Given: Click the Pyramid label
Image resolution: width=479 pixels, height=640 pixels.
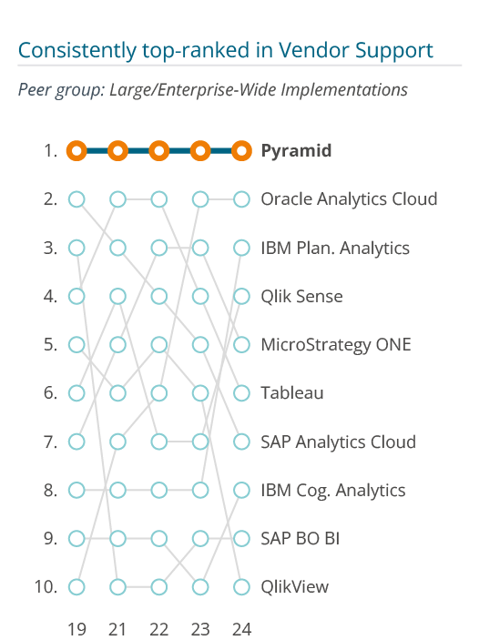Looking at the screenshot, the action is click(x=296, y=151).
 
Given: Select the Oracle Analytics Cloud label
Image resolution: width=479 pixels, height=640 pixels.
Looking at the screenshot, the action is click(x=349, y=199).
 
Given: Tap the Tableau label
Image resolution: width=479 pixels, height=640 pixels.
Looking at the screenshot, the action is click(x=292, y=393).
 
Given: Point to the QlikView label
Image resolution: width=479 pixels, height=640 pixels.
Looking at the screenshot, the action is click(x=294, y=587).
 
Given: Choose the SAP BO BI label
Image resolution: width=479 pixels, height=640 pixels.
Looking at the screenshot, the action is click(x=301, y=538).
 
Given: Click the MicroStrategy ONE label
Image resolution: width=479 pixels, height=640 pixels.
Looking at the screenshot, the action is click(x=336, y=345).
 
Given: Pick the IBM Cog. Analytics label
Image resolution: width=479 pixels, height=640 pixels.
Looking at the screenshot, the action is click(x=332, y=490).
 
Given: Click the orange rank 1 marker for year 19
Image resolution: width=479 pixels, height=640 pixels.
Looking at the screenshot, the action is click(x=76, y=143).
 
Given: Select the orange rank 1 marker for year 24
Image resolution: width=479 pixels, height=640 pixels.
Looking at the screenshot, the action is click(x=241, y=143).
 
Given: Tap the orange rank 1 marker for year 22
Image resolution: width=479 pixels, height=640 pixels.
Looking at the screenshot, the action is click(x=159, y=143).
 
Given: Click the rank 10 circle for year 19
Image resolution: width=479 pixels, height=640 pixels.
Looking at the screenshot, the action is click(x=76, y=580).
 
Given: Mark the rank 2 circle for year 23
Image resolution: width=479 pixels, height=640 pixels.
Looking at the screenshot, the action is click(x=200, y=192).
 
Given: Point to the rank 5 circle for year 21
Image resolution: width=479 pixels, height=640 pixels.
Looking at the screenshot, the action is click(x=118, y=337).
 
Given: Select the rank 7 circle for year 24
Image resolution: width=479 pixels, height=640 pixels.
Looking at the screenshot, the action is click(x=241, y=434).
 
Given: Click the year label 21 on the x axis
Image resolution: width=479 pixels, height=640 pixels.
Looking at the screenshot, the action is click(x=117, y=630).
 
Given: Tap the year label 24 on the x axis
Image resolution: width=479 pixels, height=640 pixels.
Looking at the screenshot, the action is click(x=241, y=630).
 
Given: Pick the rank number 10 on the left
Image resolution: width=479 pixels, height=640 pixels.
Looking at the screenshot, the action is click(x=46, y=587).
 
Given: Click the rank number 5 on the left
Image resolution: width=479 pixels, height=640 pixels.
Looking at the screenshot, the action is click(x=50, y=345).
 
